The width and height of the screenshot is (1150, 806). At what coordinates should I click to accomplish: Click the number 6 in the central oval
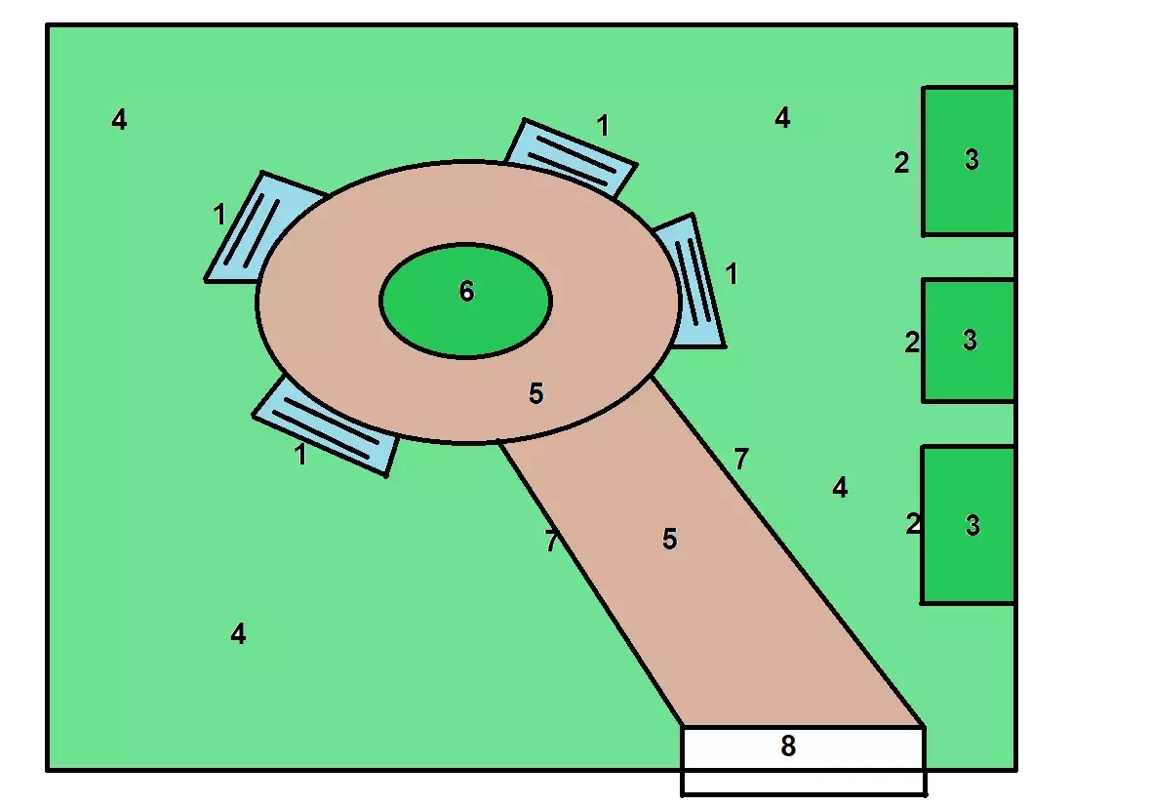click(466, 291)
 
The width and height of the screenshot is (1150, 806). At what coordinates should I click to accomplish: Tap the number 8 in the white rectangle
click(788, 746)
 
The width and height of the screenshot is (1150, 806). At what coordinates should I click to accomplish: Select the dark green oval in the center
click(465, 301)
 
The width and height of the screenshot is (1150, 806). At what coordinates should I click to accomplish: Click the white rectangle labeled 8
click(803, 760)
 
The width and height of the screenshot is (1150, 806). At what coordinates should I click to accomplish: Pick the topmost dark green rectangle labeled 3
click(969, 161)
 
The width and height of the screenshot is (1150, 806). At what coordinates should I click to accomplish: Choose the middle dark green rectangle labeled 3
click(969, 341)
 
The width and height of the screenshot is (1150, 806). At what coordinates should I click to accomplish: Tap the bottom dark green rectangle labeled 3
click(969, 524)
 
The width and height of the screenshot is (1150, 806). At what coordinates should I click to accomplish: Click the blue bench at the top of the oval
click(571, 157)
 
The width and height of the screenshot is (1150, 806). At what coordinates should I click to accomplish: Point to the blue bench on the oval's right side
click(694, 282)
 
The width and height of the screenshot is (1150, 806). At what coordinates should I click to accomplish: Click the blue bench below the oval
click(327, 425)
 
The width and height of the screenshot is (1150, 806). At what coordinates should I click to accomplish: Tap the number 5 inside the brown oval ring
click(536, 394)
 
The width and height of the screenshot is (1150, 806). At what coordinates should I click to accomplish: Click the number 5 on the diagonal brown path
click(669, 539)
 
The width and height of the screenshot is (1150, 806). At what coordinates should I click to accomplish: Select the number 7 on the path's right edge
click(741, 459)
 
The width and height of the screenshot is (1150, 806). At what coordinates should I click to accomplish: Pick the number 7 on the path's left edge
click(551, 542)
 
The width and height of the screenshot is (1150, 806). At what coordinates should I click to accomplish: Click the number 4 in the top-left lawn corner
click(119, 119)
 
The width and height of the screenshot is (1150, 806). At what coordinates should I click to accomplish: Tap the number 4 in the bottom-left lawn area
click(238, 633)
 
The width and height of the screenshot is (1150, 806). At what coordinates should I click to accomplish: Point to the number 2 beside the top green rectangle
click(901, 163)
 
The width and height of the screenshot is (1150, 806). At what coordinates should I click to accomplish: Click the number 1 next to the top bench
click(603, 126)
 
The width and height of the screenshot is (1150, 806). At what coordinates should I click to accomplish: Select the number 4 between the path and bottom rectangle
click(840, 488)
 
